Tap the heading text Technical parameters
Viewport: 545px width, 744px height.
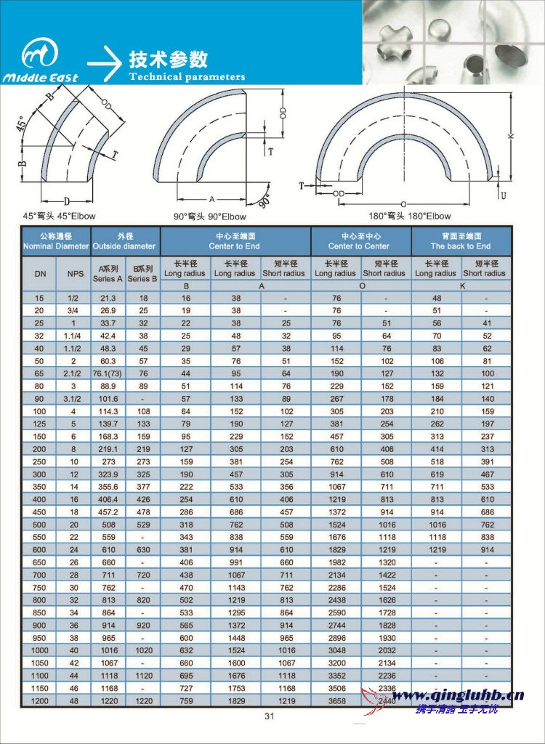(187, 77)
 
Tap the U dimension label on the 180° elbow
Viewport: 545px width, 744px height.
(503, 195)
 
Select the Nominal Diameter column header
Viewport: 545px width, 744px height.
(55, 241)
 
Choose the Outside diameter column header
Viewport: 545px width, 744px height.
(124, 241)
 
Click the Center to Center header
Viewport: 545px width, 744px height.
(361, 241)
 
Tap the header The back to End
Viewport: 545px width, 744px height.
(461, 241)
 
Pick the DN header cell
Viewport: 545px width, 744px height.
(39, 273)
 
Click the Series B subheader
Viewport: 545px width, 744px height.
(142, 273)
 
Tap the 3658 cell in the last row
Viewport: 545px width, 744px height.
(336, 700)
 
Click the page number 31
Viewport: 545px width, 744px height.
(270, 716)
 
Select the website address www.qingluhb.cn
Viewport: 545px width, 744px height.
(458, 695)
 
